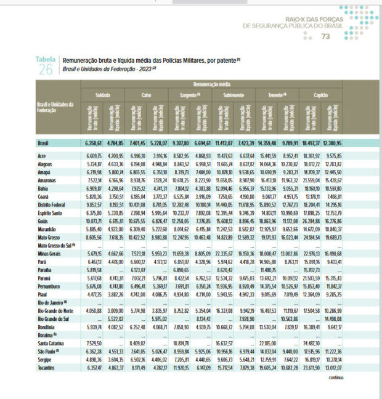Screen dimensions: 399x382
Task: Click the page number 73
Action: click(326, 37)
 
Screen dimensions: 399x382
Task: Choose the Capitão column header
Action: click(320, 95)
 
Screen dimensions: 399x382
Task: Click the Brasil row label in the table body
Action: click(44, 143)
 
